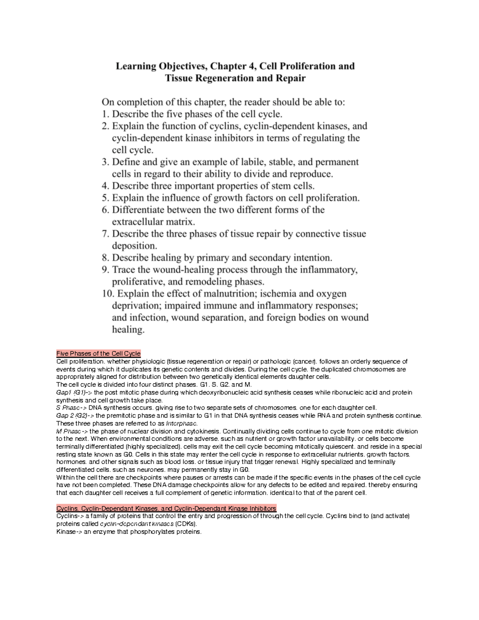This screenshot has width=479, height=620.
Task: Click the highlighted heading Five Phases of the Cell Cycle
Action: point(98,353)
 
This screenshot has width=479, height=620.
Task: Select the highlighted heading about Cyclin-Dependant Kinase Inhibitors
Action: point(166,508)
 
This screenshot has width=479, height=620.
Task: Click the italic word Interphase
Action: point(181,423)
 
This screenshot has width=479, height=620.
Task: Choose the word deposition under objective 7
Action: point(134,246)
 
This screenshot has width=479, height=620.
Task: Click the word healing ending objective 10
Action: point(128,330)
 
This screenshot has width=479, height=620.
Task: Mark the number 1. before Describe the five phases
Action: point(105,114)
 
